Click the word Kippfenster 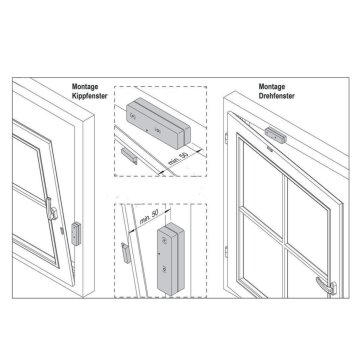coord(89,96)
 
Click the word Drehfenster coord(277,96)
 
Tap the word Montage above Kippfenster coord(85,87)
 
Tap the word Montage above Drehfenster coord(272,87)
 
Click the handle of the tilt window coord(51,209)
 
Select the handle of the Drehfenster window coord(326,285)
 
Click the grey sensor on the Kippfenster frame coord(76,234)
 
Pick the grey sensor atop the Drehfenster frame coord(276,135)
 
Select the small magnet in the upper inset coord(129,156)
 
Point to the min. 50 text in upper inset coord(177,158)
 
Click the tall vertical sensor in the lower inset coord(171,258)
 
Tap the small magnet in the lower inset coord(126,253)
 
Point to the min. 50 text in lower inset coord(149,218)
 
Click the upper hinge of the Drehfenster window coord(226,138)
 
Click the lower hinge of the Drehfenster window coord(226,252)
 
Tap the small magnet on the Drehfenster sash coord(270,150)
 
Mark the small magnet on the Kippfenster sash coord(62,230)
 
